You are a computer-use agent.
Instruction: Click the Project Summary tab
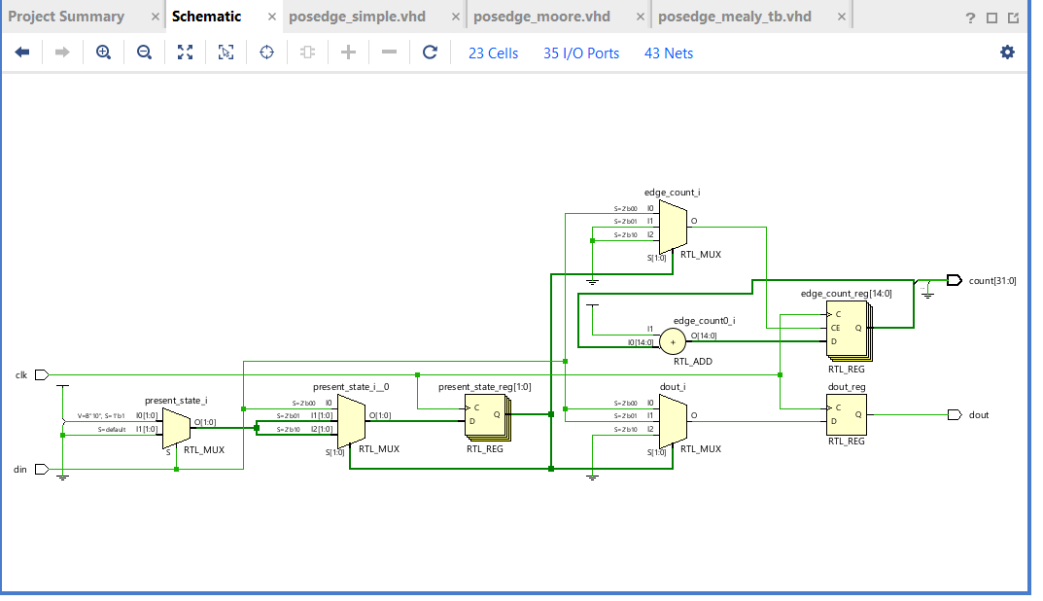[x=66, y=17]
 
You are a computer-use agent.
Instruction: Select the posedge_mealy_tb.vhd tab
[x=734, y=17]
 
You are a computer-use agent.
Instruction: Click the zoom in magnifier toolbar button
[x=103, y=53]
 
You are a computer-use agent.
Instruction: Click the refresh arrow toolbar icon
[x=430, y=53]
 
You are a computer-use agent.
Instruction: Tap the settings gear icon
[x=1007, y=53]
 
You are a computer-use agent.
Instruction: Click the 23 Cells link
[x=494, y=53]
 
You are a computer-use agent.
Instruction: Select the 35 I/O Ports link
[x=581, y=53]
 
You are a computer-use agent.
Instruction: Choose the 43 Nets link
[x=669, y=53]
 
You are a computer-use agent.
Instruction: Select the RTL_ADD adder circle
[x=672, y=340]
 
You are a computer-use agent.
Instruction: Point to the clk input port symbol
[x=41, y=374]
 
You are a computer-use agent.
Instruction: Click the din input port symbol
[x=41, y=469]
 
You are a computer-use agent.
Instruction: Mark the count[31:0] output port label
[x=991, y=281]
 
